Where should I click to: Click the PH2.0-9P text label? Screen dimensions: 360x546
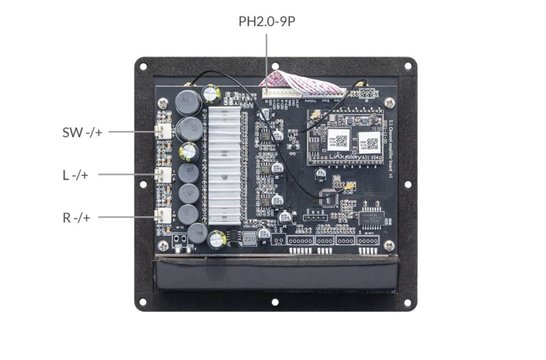coord(272,21)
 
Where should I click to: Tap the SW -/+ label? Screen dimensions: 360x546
coord(81,131)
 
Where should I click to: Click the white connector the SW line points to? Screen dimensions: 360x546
coord(163,132)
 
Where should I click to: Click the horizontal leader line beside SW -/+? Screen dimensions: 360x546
coord(130,132)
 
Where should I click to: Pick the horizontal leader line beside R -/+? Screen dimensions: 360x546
coord(130,216)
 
